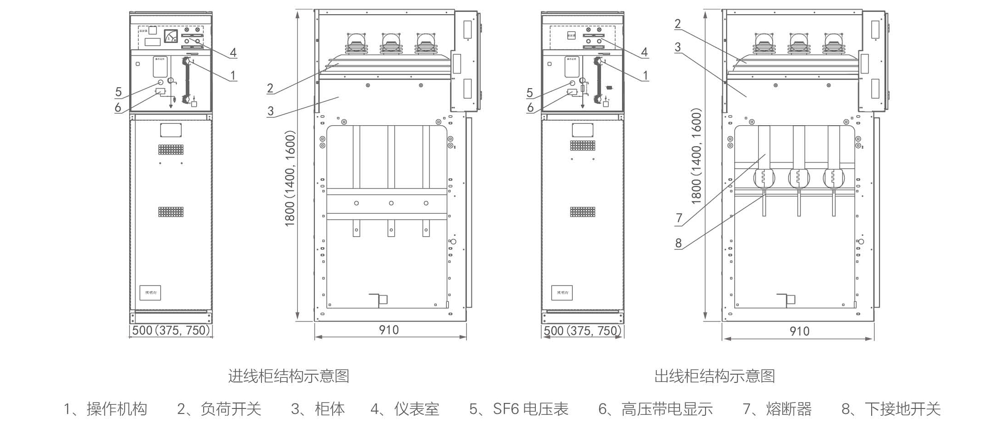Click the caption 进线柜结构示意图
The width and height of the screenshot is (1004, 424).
[288, 376]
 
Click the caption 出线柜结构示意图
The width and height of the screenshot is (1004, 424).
[715, 376]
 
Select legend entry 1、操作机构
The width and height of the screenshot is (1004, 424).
[105, 409]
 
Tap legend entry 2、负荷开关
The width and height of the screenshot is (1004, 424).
[219, 409]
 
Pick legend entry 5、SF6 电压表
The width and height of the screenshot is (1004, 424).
[519, 409]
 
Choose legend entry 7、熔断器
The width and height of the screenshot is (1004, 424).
[777, 409]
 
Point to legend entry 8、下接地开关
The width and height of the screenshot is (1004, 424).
[891, 409]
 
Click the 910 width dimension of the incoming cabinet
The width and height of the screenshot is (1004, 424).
[389, 330]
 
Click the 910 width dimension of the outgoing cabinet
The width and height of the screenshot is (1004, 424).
[800, 331]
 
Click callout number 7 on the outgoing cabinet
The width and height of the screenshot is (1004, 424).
[679, 218]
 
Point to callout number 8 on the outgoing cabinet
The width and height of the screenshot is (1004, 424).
[679, 243]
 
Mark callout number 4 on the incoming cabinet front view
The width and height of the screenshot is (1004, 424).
[233, 53]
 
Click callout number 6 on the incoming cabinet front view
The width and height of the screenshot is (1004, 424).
[118, 107]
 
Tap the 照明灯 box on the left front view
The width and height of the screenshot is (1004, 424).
[150, 292]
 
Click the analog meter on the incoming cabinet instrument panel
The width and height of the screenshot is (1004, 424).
[171, 36]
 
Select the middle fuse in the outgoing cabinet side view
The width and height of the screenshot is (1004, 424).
[799, 178]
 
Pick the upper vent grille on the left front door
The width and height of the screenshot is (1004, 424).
[171, 149]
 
